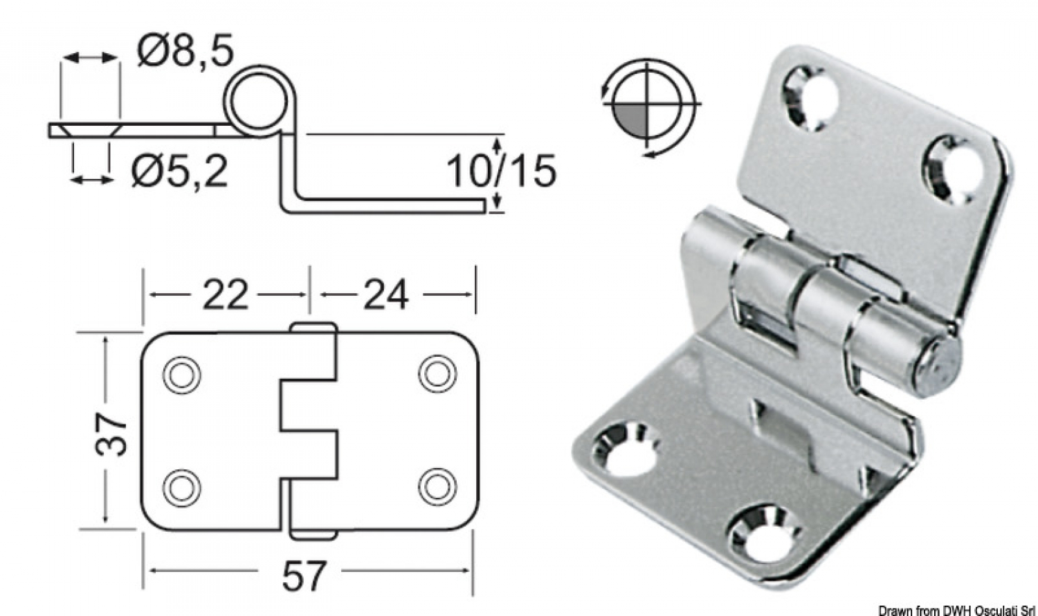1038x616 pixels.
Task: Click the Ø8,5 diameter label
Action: [x=185, y=51]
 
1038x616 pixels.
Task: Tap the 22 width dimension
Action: [x=226, y=295]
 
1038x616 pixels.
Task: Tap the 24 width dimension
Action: [x=385, y=295]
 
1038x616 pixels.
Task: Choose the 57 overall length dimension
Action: [x=304, y=574]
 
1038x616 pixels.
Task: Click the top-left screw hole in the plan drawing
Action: [x=182, y=375]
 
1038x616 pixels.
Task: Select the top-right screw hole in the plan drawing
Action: [x=437, y=374]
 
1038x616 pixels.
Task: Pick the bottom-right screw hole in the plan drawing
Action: [x=437, y=486]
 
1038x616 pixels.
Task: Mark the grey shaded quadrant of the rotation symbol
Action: [x=631, y=120]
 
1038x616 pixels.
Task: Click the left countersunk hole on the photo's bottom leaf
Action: [x=625, y=450]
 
